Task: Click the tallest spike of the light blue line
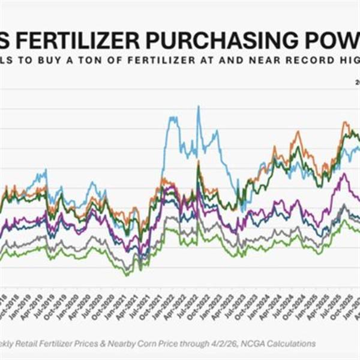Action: tap(199, 107)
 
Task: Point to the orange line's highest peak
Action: tap(344, 122)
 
